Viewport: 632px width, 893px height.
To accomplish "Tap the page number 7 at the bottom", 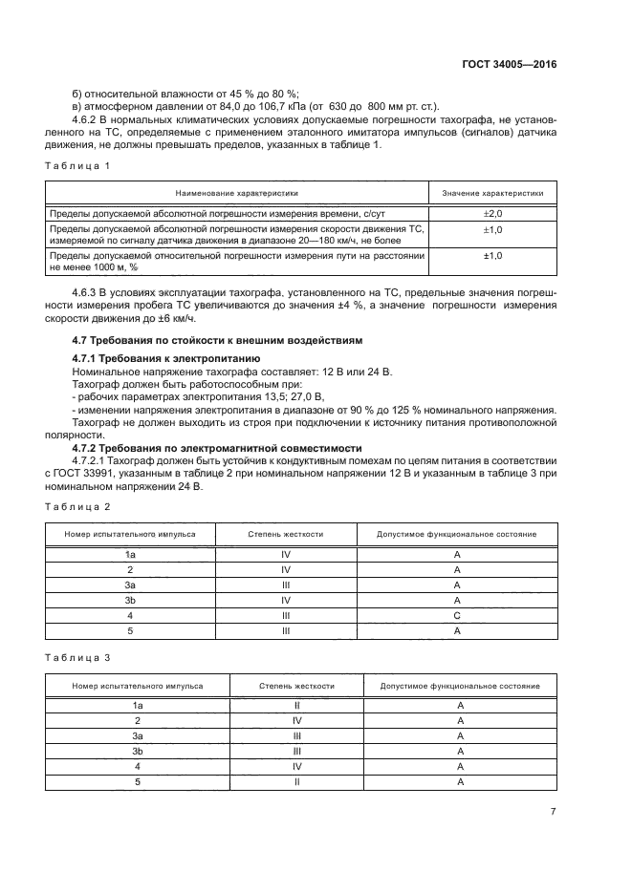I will [553, 811].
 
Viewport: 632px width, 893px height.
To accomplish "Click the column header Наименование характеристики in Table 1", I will [236, 193].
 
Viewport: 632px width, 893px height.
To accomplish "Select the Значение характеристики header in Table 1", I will [492, 193].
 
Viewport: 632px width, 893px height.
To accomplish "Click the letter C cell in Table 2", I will [457, 617].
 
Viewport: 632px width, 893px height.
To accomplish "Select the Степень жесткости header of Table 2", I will [285, 534].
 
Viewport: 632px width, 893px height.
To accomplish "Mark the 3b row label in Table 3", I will [138, 752].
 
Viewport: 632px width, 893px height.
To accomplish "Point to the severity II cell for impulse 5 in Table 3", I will [297, 781].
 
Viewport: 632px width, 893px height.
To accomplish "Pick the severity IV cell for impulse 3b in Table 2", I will [285, 601].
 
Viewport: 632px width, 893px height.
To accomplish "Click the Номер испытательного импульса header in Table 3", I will [138, 686].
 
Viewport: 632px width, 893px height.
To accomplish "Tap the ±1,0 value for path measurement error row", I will [492, 256].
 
